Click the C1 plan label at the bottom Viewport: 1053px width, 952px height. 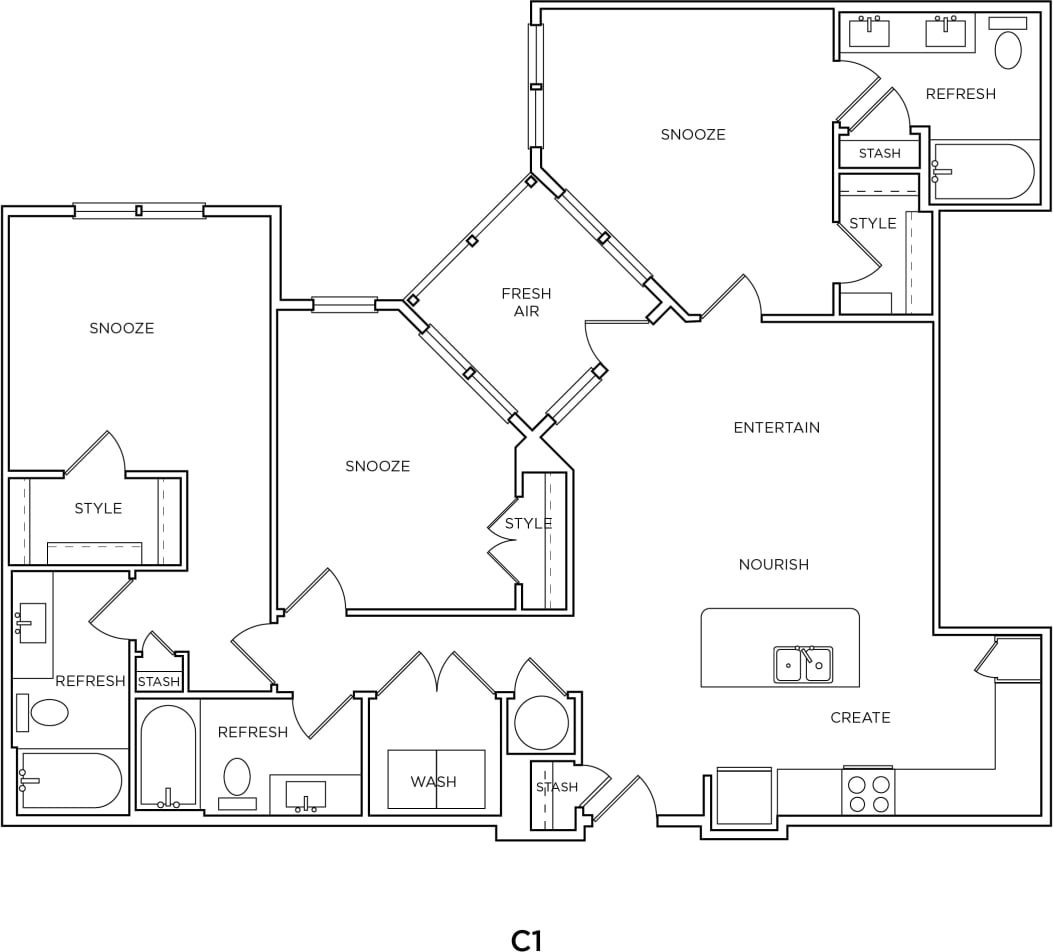(x=526, y=940)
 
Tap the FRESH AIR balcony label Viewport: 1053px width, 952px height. (x=526, y=302)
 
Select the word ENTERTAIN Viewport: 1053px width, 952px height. (x=776, y=428)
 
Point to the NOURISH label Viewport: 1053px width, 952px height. (x=773, y=565)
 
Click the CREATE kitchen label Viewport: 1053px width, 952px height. (x=860, y=718)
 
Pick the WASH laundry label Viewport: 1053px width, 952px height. (x=433, y=782)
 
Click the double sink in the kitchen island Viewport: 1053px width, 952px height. (x=802, y=664)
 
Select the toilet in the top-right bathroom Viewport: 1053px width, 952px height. (x=1008, y=50)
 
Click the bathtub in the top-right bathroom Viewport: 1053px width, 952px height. (x=982, y=172)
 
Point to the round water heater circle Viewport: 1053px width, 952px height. (x=541, y=722)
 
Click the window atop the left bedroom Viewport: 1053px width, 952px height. (x=139, y=211)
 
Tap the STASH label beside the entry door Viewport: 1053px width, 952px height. (x=557, y=787)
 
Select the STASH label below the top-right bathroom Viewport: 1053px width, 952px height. (x=879, y=154)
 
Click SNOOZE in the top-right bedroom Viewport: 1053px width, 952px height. (x=692, y=135)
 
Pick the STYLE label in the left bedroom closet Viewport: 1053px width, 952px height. (x=98, y=509)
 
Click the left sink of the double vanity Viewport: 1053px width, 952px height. (x=869, y=32)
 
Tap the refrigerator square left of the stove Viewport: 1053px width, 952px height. (x=744, y=797)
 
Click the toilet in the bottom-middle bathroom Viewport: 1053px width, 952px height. (x=237, y=777)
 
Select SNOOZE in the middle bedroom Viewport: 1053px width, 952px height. (x=377, y=467)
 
